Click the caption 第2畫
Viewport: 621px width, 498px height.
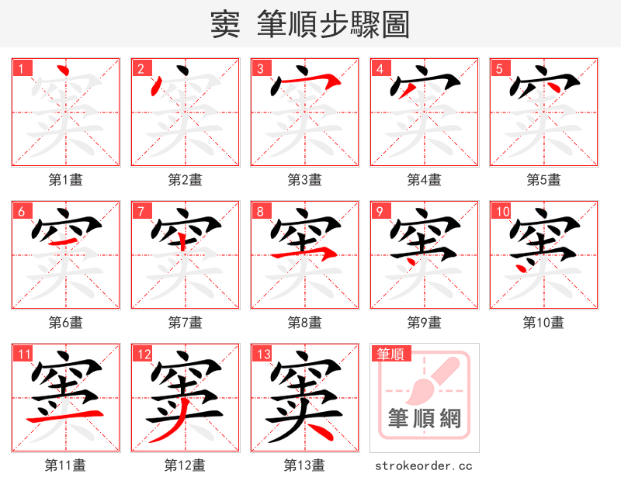(x=186, y=180)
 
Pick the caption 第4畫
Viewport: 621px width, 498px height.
(x=425, y=180)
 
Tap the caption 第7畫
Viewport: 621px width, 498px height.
(x=186, y=322)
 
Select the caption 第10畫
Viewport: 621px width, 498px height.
(x=543, y=322)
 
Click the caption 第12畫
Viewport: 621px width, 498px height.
(x=186, y=465)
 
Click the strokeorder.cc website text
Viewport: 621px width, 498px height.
(x=424, y=465)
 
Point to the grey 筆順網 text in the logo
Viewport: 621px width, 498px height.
(x=425, y=420)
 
